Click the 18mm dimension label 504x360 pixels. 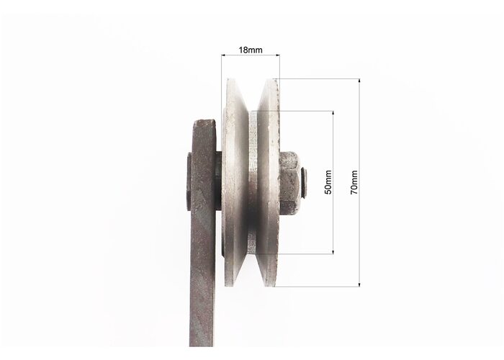[251, 50]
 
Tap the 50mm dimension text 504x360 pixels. [328, 182]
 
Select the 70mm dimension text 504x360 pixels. [354, 182]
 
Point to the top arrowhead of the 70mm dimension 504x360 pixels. [359, 81]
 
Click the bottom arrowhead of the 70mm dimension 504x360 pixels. [359, 284]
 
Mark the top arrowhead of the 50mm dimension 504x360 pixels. [333, 113]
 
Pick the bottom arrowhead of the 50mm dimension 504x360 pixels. [333, 252]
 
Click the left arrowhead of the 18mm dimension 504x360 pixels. [223, 55]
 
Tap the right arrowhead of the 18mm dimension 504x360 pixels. [277, 55]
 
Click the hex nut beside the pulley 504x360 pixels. [290, 183]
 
